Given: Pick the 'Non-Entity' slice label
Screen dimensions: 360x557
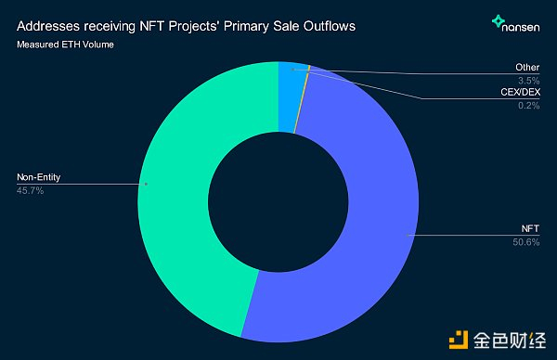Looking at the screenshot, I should click(x=39, y=178).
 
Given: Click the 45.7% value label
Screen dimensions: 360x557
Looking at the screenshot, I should click(x=31, y=190).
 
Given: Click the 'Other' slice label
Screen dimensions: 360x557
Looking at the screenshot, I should click(x=527, y=68).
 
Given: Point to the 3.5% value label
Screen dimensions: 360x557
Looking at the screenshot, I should click(x=528, y=81).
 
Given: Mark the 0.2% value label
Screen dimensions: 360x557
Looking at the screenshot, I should click(x=528, y=107).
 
